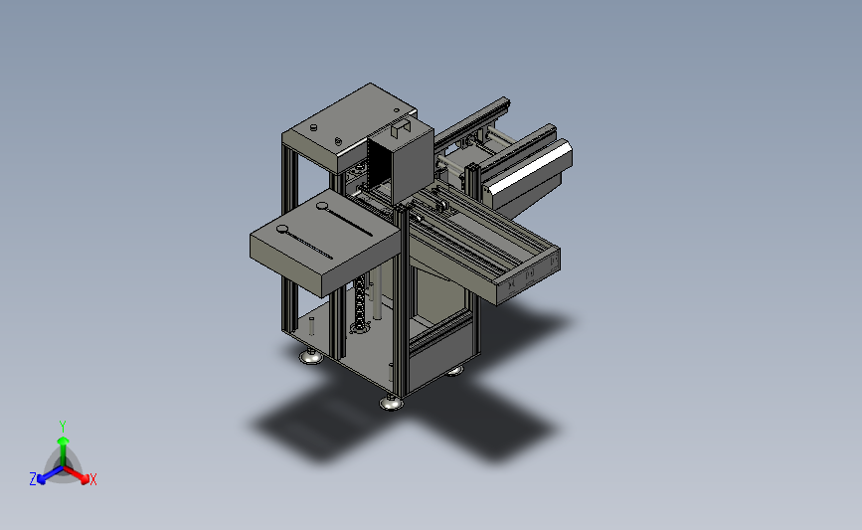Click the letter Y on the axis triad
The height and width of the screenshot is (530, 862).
[62, 427]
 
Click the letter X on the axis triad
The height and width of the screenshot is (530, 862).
[92, 479]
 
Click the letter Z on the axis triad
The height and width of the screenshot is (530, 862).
[33, 479]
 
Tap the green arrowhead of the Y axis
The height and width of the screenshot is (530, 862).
[64, 441]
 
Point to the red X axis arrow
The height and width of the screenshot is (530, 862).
[76, 474]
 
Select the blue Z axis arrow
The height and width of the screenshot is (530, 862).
[50, 475]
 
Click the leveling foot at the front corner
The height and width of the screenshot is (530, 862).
[392, 403]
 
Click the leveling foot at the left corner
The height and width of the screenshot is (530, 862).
[311, 356]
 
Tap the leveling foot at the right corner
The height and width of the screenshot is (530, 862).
[454, 371]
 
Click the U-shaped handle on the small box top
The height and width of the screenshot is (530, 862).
[401, 129]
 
